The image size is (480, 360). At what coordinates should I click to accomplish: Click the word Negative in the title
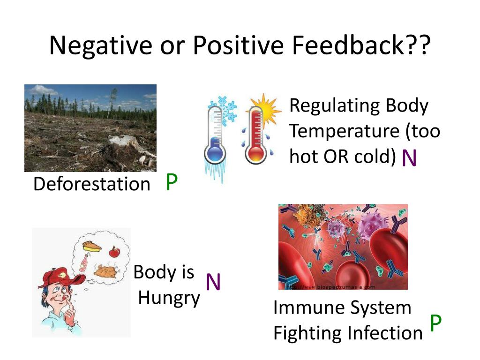point(101,45)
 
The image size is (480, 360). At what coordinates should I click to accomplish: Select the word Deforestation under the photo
point(92,184)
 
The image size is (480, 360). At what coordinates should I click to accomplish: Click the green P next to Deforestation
point(172,182)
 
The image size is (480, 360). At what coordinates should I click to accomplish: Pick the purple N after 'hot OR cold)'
point(409,158)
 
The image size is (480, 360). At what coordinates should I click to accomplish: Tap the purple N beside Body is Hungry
point(213,282)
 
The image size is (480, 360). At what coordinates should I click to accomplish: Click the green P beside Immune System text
point(435,323)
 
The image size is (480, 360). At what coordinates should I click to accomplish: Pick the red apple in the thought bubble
point(114,252)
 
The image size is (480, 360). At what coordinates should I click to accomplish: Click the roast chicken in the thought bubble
point(106,271)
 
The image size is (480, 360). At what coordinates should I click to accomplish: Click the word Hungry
point(169,298)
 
